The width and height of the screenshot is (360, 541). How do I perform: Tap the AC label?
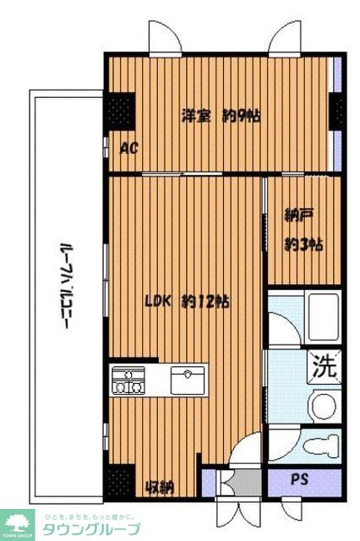tap(129, 149)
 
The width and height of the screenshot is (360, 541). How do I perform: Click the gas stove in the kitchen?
tap(128, 380)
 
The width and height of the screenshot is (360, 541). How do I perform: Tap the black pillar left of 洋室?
tap(121, 110)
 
